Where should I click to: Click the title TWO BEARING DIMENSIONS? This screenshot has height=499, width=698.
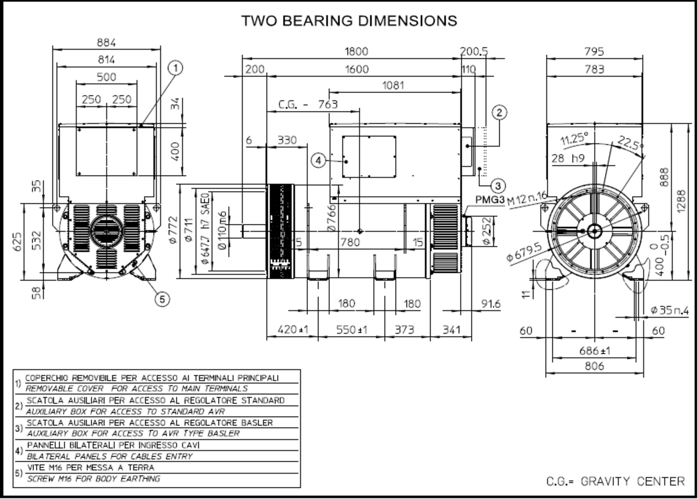349,21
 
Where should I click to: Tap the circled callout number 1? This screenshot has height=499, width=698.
175,68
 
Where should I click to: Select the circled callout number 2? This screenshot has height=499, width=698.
499,113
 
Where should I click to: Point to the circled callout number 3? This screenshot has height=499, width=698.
498,186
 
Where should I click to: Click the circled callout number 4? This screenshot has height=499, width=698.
318,161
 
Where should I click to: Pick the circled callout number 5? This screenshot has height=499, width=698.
162,299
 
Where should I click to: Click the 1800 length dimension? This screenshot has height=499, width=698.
356,51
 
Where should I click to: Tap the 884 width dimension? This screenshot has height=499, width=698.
106,42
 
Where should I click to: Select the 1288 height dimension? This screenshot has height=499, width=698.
682,202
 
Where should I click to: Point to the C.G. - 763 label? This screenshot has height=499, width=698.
308,104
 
